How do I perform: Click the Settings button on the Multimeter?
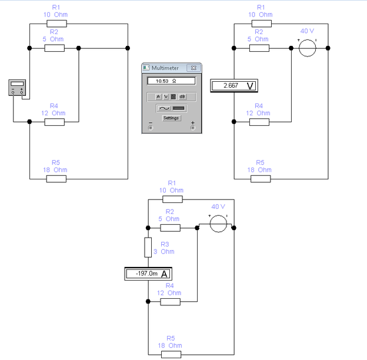pyautogui.click(x=171, y=118)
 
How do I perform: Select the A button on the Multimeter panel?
pyautogui.click(x=158, y=96)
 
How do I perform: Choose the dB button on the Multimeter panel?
pyautogui.click(x=182, y=96)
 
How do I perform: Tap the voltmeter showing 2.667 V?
pyautogui.click(x=234, y=86)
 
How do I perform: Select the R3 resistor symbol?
pyautogui.click(x=148, y=248)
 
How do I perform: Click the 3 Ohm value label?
pyautogui.click(x=168, y=252)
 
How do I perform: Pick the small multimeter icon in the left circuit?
pyautogui.click(x=17, y=88)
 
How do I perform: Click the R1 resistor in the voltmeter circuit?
pyautogui.click(x=262, y=24)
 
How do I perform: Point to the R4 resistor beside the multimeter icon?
pyautogui.click(x=55, y=122)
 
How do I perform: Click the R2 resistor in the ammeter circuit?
pyautogui.click(x=171, y=228)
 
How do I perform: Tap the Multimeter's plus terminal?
pyautogui.click(x=192, y=127)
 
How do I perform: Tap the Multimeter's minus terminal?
pyautogui.click(x=150, y=127)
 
